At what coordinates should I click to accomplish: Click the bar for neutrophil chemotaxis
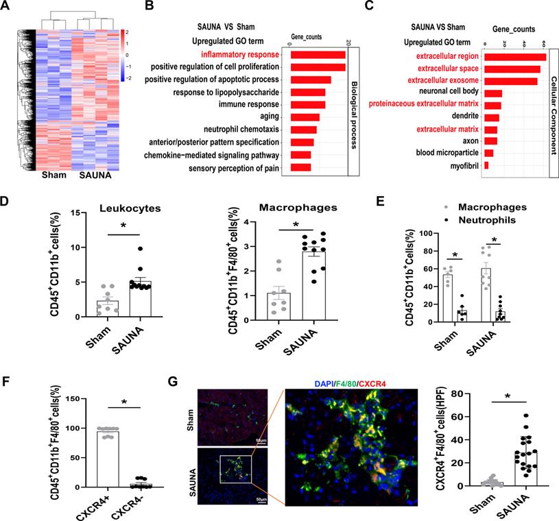[303, 130]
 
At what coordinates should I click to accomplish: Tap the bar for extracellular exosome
[510, 81]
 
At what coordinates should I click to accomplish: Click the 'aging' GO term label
[267, 117]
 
